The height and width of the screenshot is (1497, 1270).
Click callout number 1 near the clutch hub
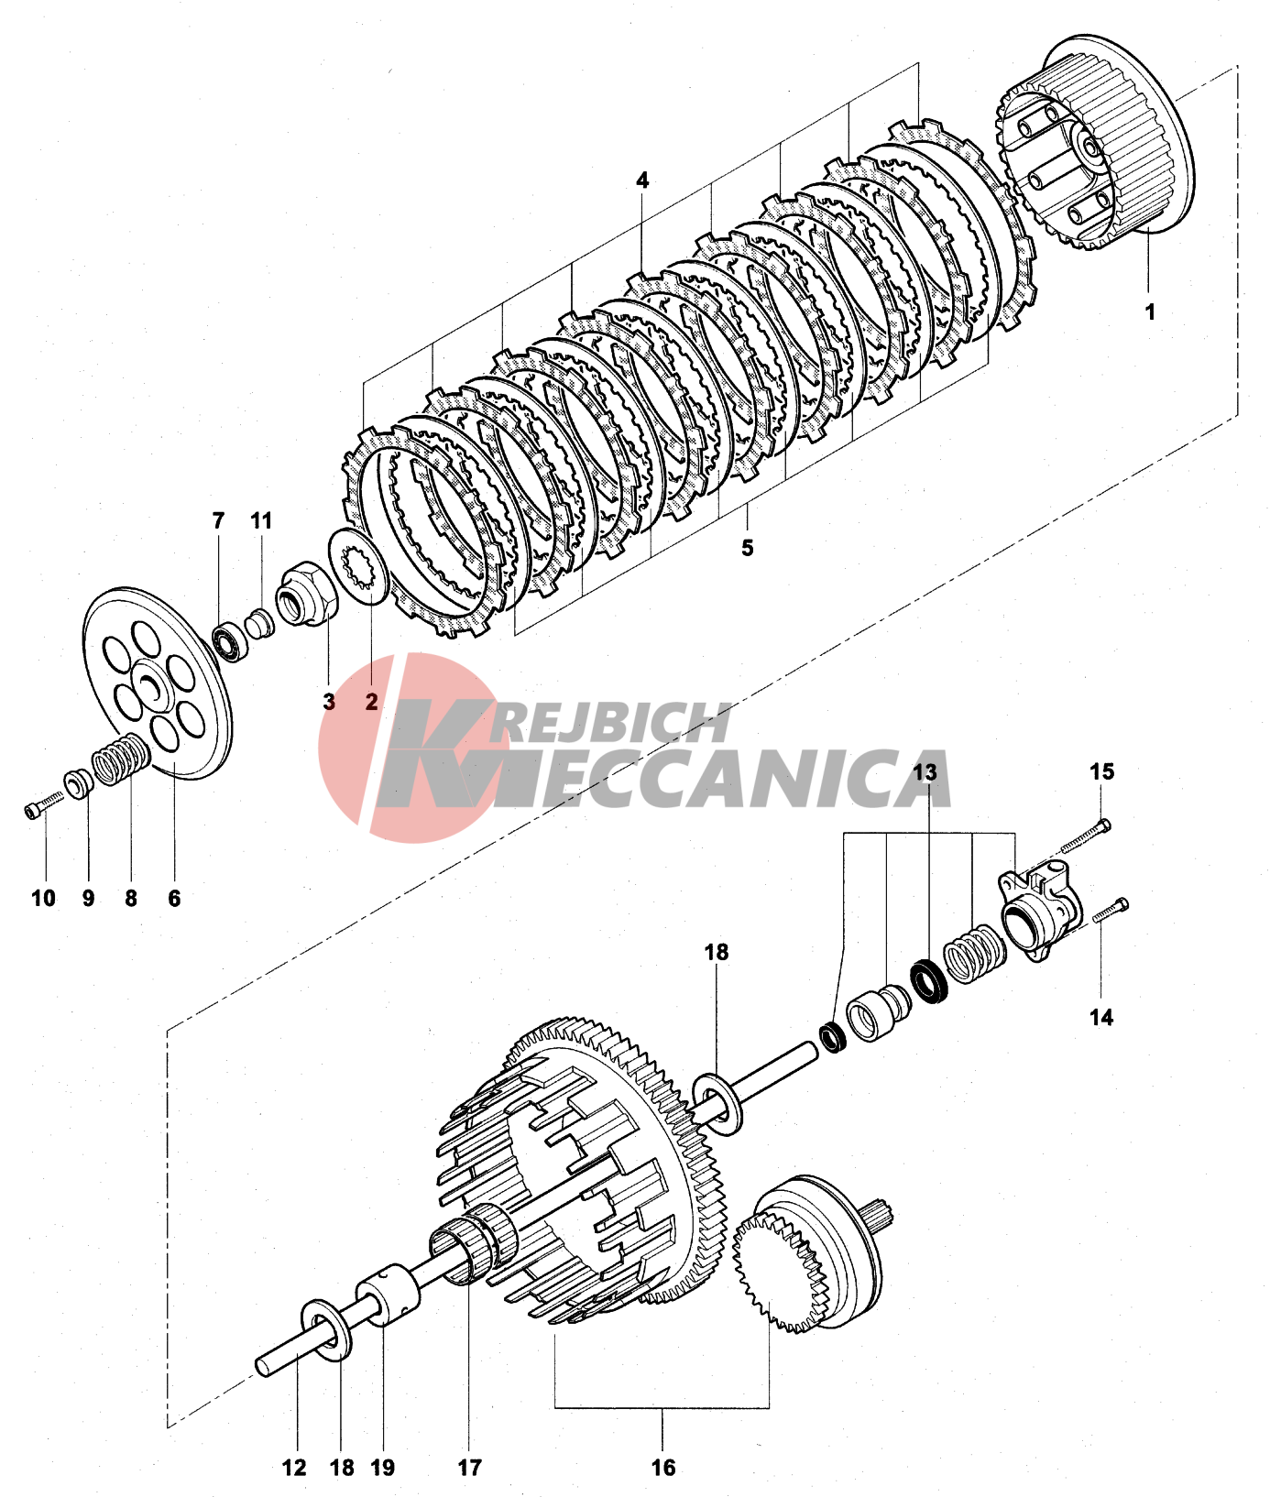pos(1150,311)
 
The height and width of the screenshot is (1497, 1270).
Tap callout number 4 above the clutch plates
pos(642,180)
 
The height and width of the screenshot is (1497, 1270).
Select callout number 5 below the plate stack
pos(748,548)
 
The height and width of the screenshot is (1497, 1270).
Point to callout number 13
pos(925,772)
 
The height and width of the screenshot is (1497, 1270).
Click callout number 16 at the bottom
pos(663,1468)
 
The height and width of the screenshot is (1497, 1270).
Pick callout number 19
pos(383,1468)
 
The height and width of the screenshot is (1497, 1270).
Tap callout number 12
pos(294,1468)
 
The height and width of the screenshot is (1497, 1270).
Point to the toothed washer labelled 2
pos(359,567)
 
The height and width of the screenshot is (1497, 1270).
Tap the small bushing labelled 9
pos(77,784)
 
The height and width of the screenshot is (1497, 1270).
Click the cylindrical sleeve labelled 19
pos(388,1294)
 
